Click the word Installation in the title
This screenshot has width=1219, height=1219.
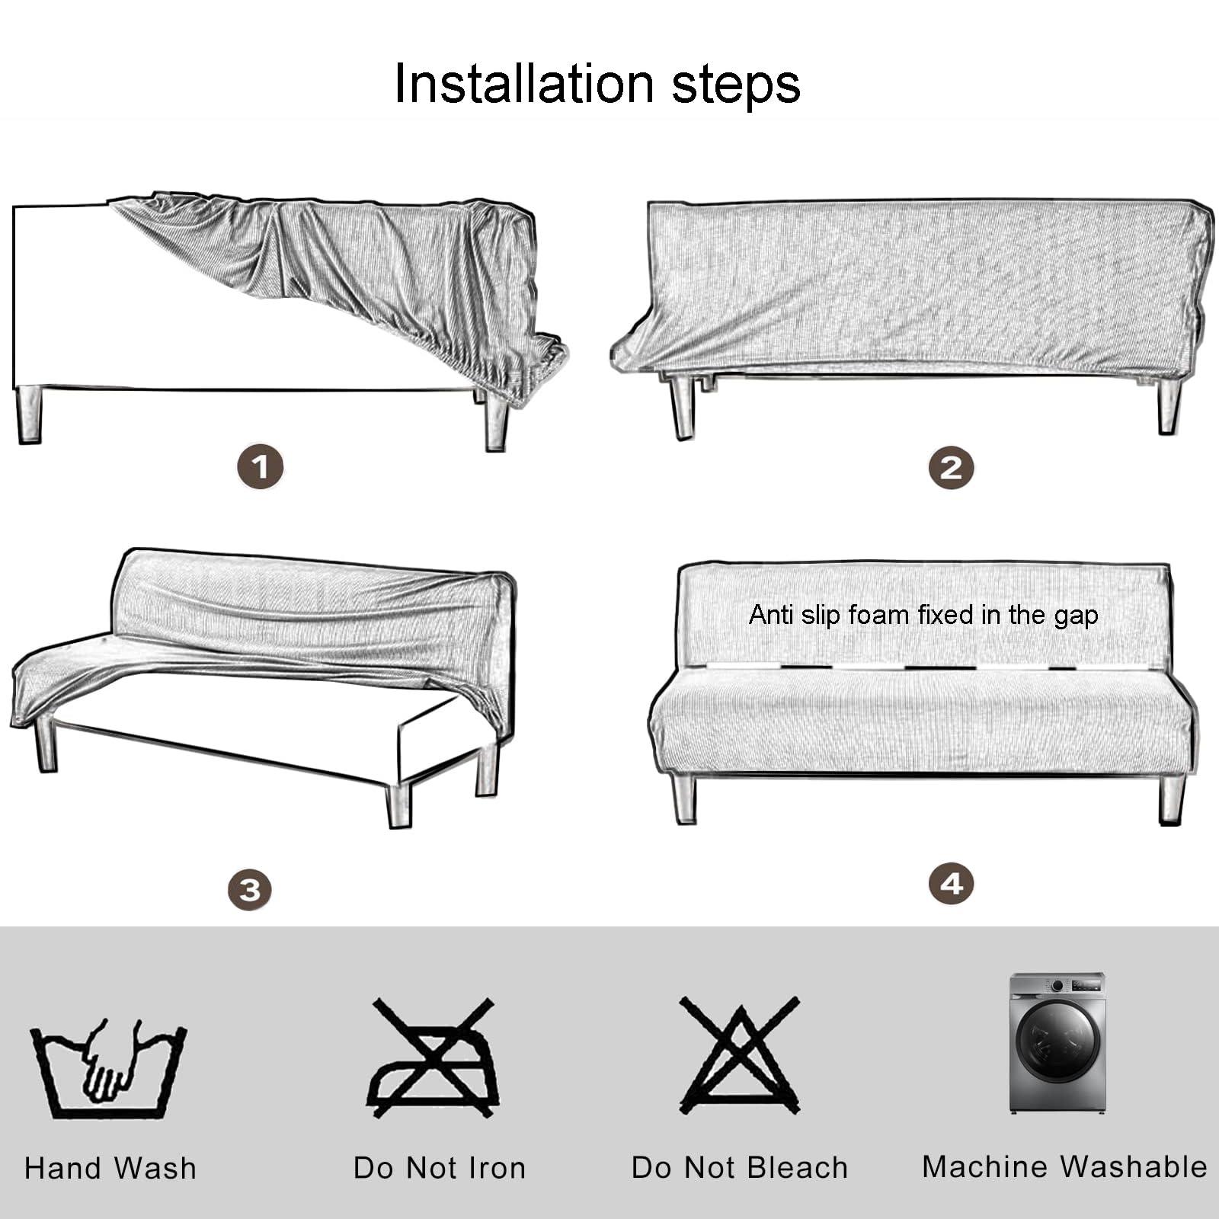[x=523, y=83]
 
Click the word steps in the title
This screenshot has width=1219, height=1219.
[x=735, y=85]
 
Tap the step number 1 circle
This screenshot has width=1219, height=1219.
[x=260, y=467]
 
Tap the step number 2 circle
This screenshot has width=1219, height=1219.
[x=951, y=467]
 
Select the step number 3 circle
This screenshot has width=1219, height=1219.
[x=250, y=889]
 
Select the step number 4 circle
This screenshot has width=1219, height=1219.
[x=951, y=884]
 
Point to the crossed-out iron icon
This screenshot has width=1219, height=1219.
[x=434, y=1059]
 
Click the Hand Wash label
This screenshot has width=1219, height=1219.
[x=110, y=1168]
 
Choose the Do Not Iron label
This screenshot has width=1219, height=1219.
[x=440, y=1168]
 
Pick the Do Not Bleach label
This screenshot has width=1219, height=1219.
[x=739, y=1168]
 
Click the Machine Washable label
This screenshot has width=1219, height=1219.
[x=1064, y=1166]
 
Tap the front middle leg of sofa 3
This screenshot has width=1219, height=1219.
[x=398, y=805]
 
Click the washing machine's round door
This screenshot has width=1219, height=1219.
[x=1058, y=1040]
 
